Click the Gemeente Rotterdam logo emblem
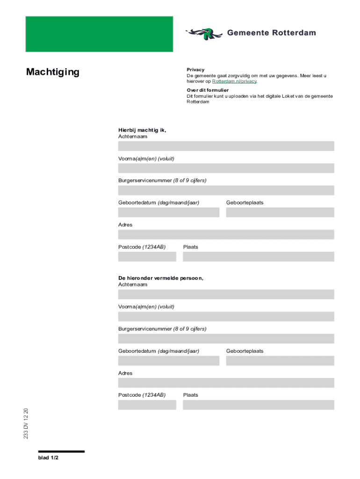click(x=204, y=33)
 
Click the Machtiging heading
click(x=53, y=72)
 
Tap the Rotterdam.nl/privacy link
click(x=234, y=81)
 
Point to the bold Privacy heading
click(x=195, y=70)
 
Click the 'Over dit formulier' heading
click(x=208, y=90)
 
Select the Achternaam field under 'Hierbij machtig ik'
click(x=226, y=146)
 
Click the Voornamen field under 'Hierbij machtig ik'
click(x=226, y=168)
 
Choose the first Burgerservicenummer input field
click(x=226, y=190)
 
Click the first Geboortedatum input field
click(x=168, y=212)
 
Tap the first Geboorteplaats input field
click(x=280, y=212)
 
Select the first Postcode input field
click(x=147, y=257)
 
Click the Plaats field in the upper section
click(x=258, y=257)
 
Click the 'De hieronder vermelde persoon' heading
click(x=161, y=278)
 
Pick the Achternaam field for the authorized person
click(x=226, y=294)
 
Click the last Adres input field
click(x=226, y=383)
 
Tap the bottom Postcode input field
click(x=147, y=405)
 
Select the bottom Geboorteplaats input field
click(x=280, y=361)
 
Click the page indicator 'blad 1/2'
click(x=48, y=458)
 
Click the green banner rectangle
click(x=99, y=34)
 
